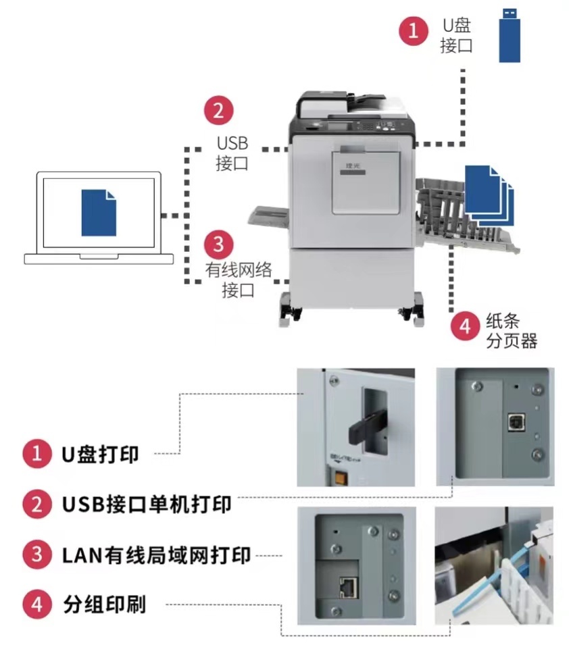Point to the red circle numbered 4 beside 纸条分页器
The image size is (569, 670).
(465, 326)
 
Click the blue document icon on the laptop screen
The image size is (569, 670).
(99, 212)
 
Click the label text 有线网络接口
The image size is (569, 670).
(239, 280)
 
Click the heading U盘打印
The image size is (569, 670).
(100, 455)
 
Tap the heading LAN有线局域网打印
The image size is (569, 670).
(156, 555)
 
